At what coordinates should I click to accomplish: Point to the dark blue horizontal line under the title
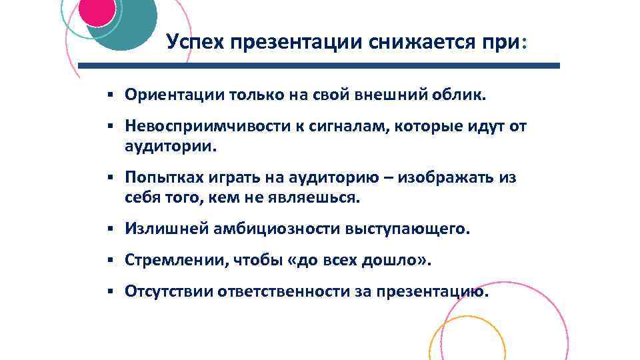pyautogui.click(x=319, y=66)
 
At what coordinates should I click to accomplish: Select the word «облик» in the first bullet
pyautogui.click(x=461, y=95)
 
